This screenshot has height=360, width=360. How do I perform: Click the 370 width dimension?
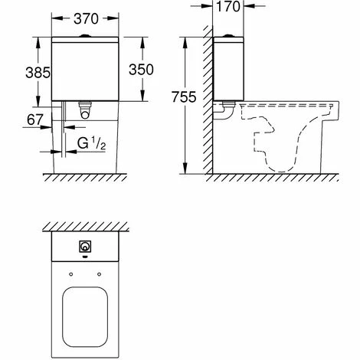coord(86,18)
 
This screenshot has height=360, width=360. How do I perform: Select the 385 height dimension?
coord(38,73)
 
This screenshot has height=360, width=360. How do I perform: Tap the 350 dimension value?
coord(141,70)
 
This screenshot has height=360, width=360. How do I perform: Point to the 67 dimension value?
coord(35,119)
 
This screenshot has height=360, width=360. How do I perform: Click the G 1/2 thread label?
coord(91,143)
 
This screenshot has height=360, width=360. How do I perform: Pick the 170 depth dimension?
coord(228,6)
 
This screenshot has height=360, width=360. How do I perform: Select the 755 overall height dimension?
coord(184,97)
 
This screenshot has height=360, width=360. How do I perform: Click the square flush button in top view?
coord(85,247)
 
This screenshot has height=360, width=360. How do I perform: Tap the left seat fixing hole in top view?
coord(71,274)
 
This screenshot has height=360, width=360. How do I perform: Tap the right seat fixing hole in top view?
coord(100,274)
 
